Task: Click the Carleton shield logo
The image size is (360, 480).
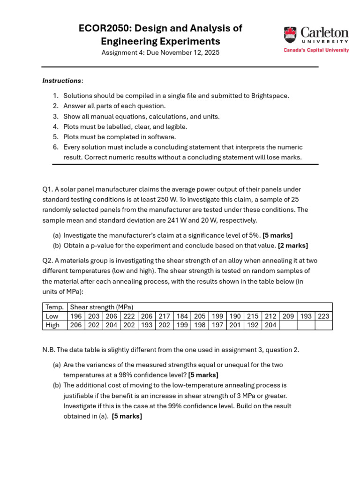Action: click(290, 35)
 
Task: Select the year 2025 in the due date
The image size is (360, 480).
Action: click(210, 52)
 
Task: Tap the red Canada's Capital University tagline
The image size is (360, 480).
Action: click(316, 50)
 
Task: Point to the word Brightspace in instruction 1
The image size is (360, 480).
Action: click(270, 96)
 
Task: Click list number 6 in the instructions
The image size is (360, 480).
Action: click(55, 147)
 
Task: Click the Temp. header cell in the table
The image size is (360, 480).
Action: click(55, 307)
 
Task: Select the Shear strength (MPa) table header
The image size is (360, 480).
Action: click(102, 307)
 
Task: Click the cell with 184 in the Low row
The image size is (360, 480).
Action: click(182, 316)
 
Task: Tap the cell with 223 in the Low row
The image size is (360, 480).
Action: click(323, 316)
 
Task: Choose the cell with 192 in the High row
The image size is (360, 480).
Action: click(253, 325)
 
